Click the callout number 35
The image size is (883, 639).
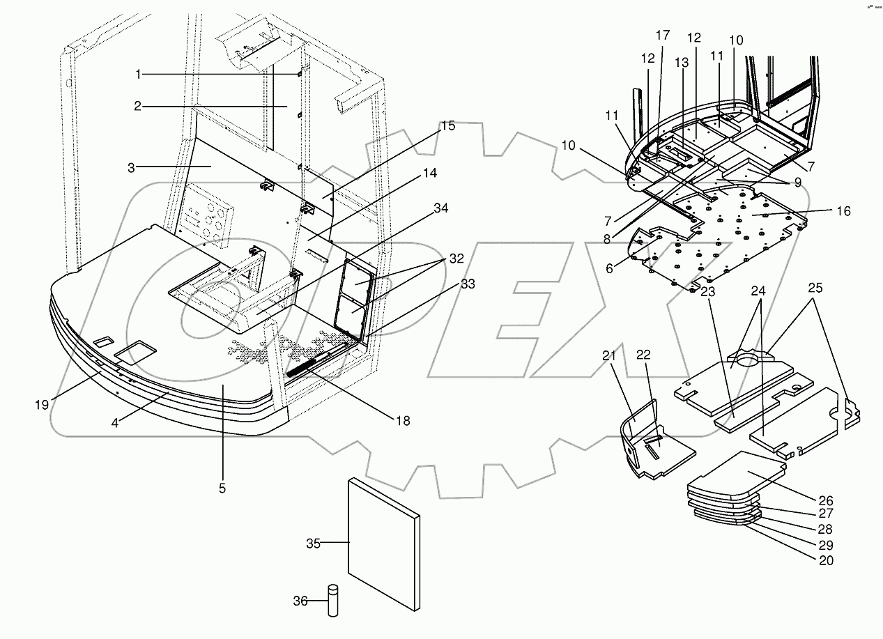(313, 544)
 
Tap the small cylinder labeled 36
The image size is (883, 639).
(332, 600)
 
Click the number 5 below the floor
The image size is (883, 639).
(222, 488)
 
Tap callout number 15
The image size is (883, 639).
(447, 126)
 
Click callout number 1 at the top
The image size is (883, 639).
(138, 74)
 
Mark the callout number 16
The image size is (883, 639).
(843, 211)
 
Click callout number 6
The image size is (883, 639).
(611, 268)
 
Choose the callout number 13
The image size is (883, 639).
(681, 63)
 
